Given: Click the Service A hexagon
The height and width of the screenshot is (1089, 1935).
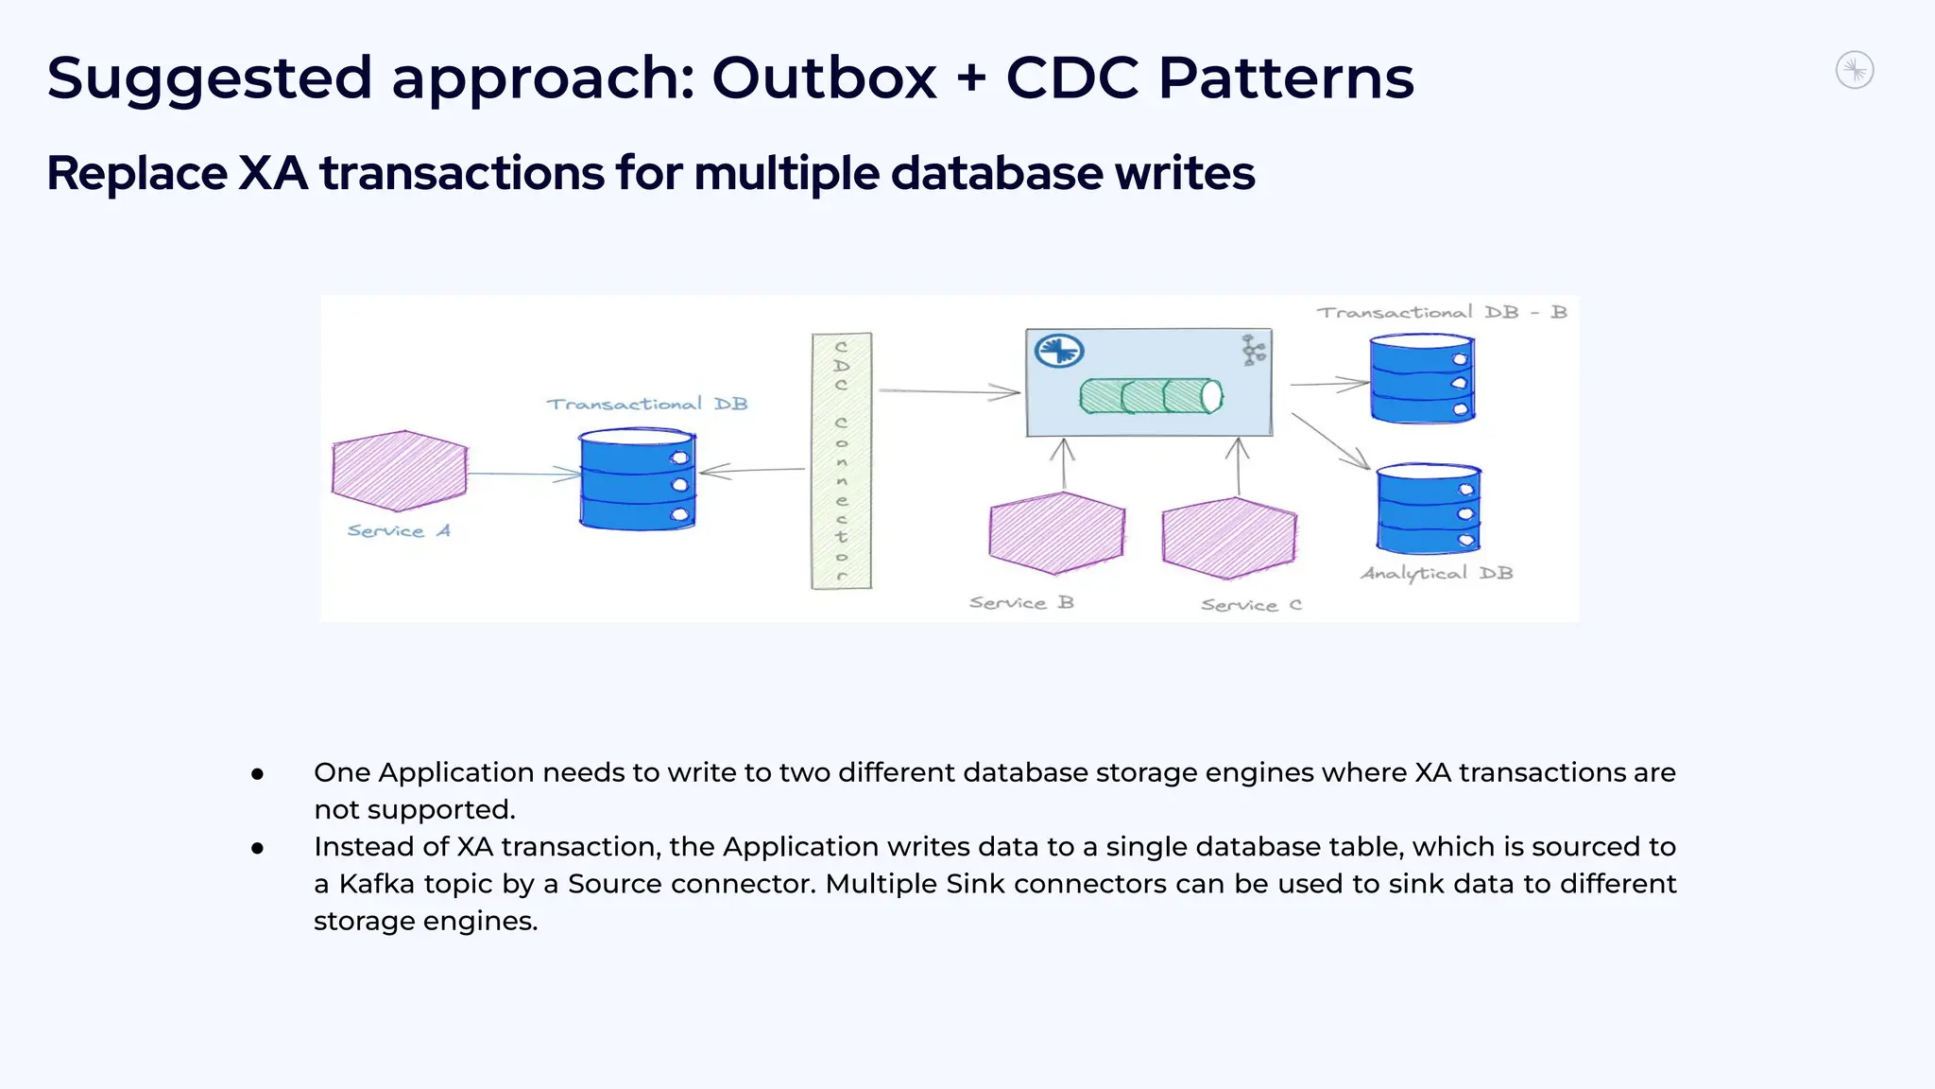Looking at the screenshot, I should coord(400,471).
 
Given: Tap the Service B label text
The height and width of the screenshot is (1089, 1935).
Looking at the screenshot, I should coord(1021,603).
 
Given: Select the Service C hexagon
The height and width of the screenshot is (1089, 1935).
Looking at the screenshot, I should coord(1229,537).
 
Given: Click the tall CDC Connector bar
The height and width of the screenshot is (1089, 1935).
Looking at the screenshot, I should coord(841,461).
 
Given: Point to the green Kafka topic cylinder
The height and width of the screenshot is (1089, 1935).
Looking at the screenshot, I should coord(1151,396).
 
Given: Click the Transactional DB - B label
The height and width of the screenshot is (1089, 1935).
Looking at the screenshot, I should coord(1442,312).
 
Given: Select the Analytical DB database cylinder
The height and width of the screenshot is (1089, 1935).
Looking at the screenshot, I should coord(1428,510).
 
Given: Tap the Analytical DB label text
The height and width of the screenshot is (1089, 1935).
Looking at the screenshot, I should coord(1436,573).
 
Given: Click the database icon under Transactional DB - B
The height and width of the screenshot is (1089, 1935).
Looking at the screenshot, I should coord(1422,379).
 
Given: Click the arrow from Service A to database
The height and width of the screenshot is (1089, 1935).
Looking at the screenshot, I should coord(524,474).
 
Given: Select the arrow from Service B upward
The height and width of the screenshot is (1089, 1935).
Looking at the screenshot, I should coord(1064,464).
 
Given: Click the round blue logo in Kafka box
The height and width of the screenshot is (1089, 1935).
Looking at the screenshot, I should coord(1059,351).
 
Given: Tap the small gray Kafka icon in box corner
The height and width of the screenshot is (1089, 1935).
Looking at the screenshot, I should coord(1253,351).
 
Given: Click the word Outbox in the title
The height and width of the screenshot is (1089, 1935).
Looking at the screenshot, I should coord(824,78).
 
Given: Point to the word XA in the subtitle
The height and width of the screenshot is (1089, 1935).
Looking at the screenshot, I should coord(272,174).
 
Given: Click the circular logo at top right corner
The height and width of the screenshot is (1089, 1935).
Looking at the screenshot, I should coord(1854,71).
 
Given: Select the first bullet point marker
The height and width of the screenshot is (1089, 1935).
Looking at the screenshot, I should coord(257,774).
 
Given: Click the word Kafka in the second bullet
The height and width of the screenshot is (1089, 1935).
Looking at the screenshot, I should coord(376,884).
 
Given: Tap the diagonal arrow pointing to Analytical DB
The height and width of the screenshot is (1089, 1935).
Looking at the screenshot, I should coord(1330,441).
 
